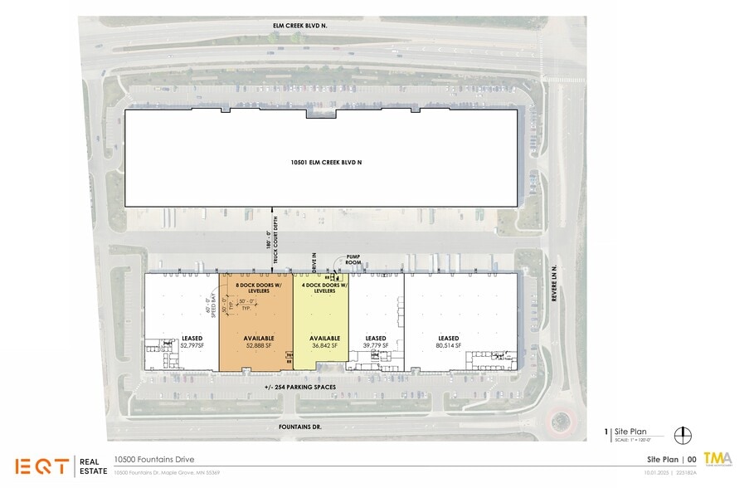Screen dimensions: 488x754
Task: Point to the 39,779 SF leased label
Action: pyautogui.click(x=375, y=342)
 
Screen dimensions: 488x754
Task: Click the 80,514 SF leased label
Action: pyautogui.click(x=449, y=342)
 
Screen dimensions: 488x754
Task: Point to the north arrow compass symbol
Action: pyautogui.click(x=684, y=433)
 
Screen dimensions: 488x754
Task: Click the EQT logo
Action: pyautogui.click(x=41, y=466)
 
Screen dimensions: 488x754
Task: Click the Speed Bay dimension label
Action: pyautogui.click(x=209, y=309)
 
